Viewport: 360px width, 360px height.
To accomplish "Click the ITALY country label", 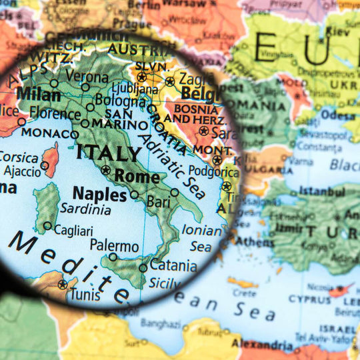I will (x=109, y=153).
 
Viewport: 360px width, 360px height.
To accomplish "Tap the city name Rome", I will (x=137, y=177).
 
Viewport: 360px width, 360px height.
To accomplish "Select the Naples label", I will (x=99, y=194).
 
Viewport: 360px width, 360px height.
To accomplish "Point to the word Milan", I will (x=38, y=94).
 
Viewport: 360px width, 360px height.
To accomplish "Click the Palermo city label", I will (x=114, y=245).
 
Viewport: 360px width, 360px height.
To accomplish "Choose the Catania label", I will (x=173, y=265).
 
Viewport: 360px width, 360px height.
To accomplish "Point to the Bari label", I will (x=158, y=201).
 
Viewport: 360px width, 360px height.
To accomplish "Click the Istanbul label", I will (x=322, y=191).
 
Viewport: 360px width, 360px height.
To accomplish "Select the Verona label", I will (x=87, y=76).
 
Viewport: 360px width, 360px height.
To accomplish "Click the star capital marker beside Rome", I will (x=105, y=170).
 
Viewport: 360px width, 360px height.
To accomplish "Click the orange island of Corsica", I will (x=51, y=160).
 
